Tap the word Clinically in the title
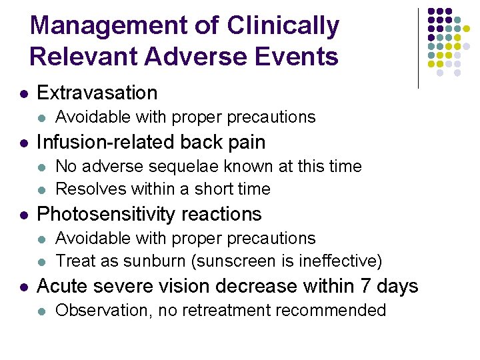tap(283, 27)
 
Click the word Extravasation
tap(97, 93)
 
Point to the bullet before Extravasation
tap(23, 93)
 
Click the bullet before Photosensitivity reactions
tap(23, 215)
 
